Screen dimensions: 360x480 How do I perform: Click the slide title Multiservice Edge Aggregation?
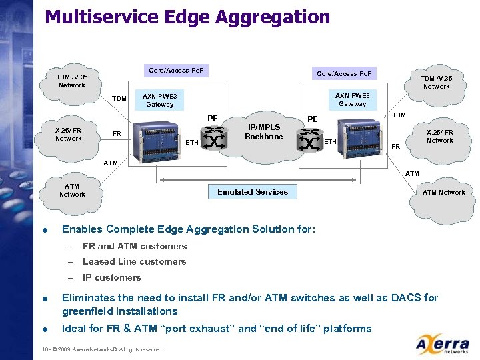pyautogui.click(x=187, y=17)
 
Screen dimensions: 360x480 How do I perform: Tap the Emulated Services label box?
pyautogui.click(x=253, y=192)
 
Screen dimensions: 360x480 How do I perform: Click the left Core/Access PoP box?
pyautogui.click(x=177, y=71)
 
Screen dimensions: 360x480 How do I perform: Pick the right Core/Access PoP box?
pyautogui.click(x=344, y=73)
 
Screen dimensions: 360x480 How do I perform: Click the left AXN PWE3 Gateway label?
pyautogui.click(x=160, y=100)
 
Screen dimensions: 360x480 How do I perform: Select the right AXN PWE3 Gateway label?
pyautogui.click(x=352, y=99)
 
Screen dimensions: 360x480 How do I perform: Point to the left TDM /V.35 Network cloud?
pyautogui.click(x=71, y=81)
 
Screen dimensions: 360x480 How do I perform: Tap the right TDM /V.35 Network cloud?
pyautogui.click(x=436, y=82)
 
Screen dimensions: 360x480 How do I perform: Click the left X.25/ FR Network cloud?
pyautogui.click(x=69, y=134)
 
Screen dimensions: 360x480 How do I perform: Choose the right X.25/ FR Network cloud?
pyautogui.click(x=439, y=136)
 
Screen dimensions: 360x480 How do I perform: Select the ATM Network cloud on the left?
pyautogui.click(x=72, y=191)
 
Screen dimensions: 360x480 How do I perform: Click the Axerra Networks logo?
pyautogui.click(x=443, y=345)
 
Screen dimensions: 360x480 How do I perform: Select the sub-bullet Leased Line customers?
pyautogui.click(x=134, y=262)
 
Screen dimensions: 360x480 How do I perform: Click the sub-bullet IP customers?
pyautogui.click(x=111, y=278)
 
